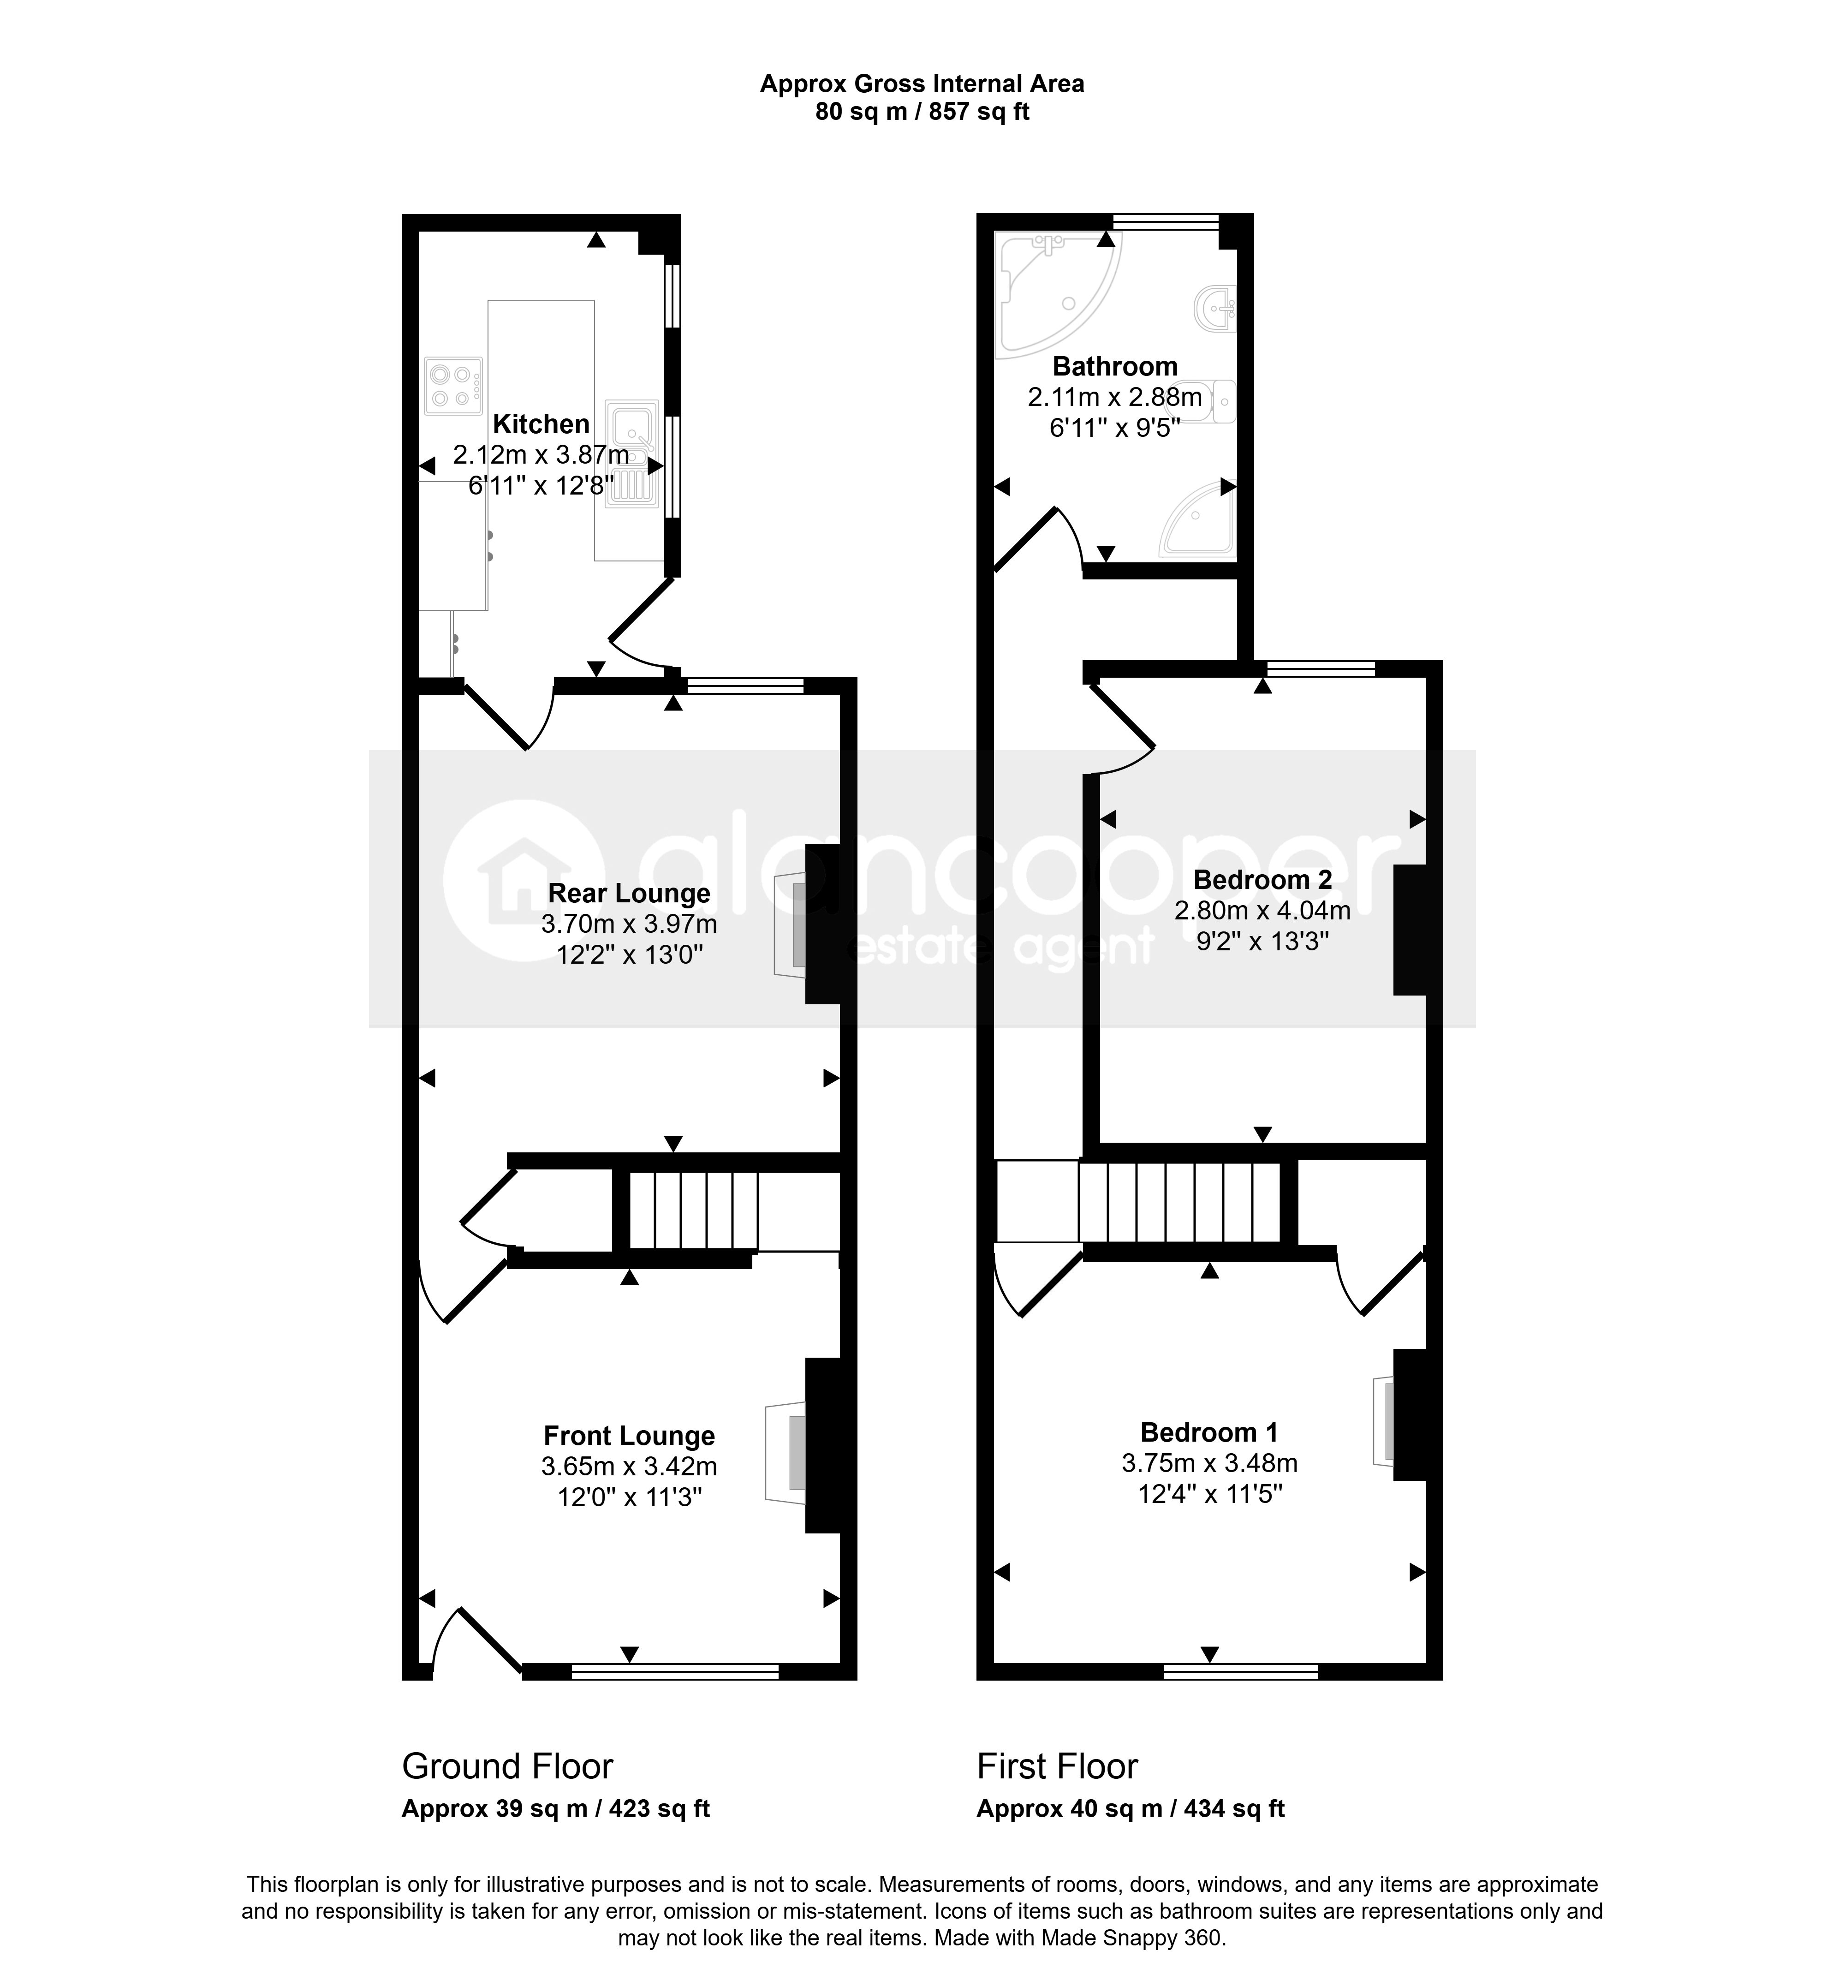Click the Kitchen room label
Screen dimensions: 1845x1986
pyautogui.click(x=541, y=424)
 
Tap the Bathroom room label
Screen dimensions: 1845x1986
pyautogui.click(x=1115, y=366)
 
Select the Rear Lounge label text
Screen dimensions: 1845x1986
pyautogui.click(x=629, y=894)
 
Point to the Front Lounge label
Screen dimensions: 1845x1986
pyautogui.click(x=629, y=1436)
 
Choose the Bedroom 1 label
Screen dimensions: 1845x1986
pyautogui.click(x=1209, y=1433)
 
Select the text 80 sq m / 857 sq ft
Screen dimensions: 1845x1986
pyautogui.click(x=922, y=112)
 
